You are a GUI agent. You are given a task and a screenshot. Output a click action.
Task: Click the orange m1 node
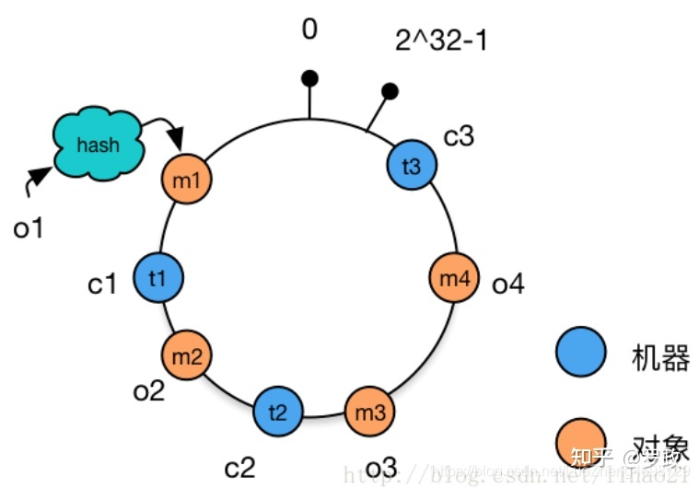click(x=187, y=180)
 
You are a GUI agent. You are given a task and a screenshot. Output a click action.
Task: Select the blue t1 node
click(x=158, y=277)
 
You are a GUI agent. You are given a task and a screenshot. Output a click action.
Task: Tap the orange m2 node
click(x=187, y=355)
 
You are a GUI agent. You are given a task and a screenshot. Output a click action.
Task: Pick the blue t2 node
click(x=277, y=410)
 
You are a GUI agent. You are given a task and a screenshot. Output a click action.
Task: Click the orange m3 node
click(x=369, y=411)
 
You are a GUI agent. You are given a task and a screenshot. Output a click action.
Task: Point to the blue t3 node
click(x=411, y=166)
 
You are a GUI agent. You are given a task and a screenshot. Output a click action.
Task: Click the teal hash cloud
click(x=99, y=145)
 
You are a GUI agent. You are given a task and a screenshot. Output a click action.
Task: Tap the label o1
click(x=29, y=227)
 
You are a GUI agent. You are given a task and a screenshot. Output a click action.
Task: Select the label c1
click(x=103, y=285)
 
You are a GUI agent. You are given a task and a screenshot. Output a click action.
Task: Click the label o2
click(x=148, y=390)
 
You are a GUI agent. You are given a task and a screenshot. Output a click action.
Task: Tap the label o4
click(x=507, y=284)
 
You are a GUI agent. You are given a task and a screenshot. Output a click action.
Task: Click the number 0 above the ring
click(x=309, y=29)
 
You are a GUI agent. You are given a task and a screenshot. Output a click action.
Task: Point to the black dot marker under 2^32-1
click(x=390, y=91)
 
